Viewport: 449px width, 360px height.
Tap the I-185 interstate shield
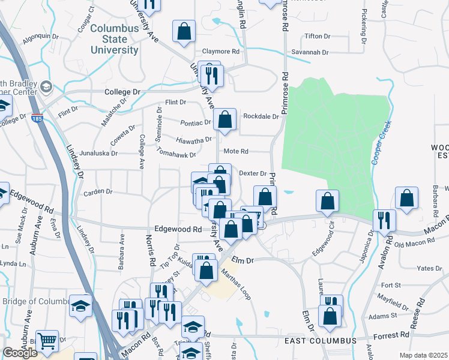[x=37, y=118]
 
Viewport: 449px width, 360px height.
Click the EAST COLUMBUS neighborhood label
[x=320, y=341]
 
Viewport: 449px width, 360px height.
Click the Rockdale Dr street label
[x=261, y=116]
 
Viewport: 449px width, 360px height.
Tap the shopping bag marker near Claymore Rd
[x=184, y=32]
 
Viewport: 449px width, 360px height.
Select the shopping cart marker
[x=47, y=341]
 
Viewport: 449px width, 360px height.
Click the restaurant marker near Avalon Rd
[x=384, y=220]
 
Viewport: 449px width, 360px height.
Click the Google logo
[x=20, y=353]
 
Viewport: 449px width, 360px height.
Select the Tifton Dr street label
[x=318, y=36]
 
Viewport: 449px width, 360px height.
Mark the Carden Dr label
[x=98, y=192]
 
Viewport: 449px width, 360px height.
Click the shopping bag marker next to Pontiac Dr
[x=224, y=119]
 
